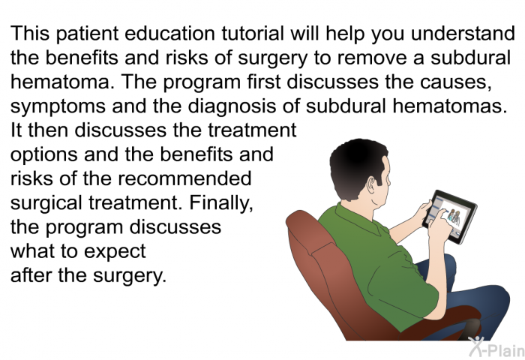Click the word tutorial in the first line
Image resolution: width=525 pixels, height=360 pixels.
pos(252,34)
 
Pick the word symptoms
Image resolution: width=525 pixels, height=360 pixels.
pos(58,107)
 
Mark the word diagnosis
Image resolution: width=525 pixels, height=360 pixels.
pos(232,107)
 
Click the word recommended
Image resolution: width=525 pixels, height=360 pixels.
pos(184,178)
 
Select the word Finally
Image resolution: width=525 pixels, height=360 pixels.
pos(221,203)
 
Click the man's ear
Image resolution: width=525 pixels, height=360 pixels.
pos(370,184)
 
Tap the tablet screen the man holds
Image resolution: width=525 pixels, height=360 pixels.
pos(450,216)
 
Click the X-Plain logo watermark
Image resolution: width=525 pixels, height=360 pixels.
pos(496,347)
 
